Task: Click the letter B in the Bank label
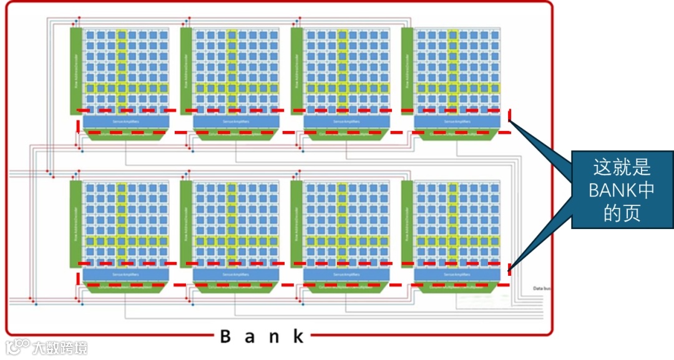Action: (x=226, y=337)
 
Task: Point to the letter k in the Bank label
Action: (x=299, y=337)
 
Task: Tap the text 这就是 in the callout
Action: (x=622, y=167)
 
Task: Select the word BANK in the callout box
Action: (x=612, y=190)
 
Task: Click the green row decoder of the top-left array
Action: (x=75, y=71)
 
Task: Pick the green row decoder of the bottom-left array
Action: (x=75, y=223)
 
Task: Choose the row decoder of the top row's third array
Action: (x=296, y=71)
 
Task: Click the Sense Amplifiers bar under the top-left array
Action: (x=126, y=121)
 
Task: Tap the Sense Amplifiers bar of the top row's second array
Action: (x=237, y=121)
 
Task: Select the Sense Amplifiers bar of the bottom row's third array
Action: (x=347, y=274)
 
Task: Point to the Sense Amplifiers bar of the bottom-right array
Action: (x=457, y=274)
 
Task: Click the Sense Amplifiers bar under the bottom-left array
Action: (x=126, y=274)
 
